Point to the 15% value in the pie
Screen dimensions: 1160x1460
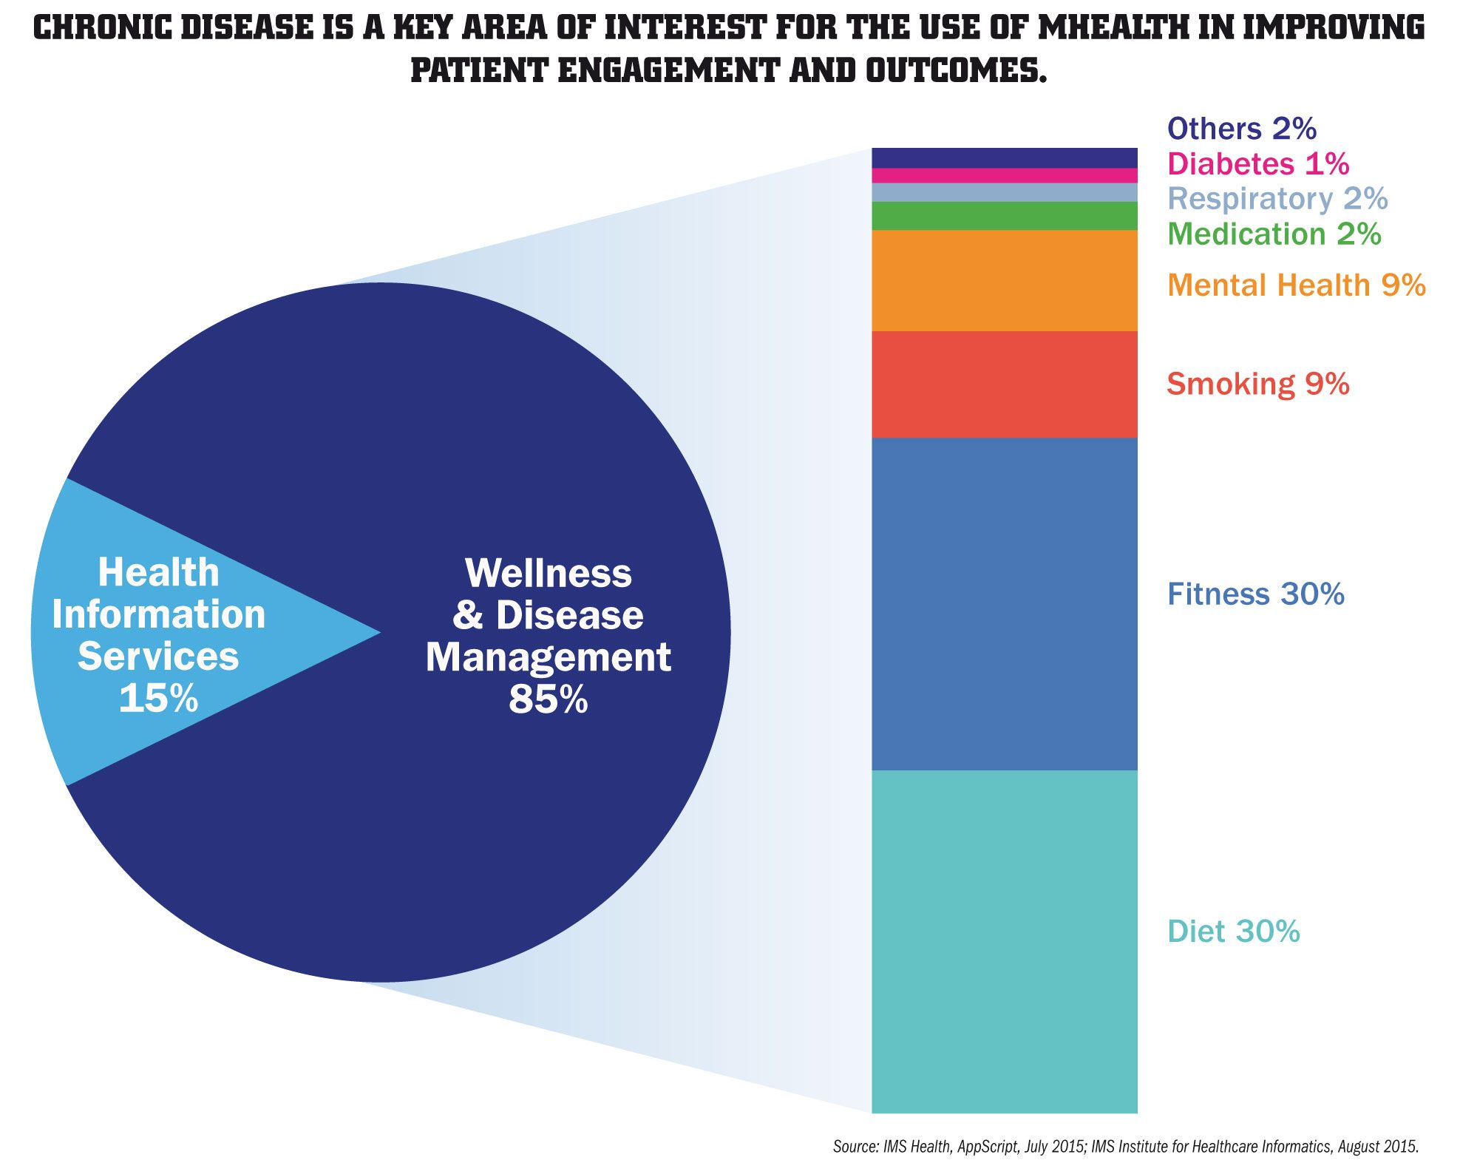(158, 698)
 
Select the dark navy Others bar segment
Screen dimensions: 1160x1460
(1004, 157)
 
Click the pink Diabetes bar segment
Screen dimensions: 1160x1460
(1004, 175)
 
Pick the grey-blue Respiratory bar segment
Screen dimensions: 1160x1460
(1004, 192)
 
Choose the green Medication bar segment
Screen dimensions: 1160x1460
(1004, 216)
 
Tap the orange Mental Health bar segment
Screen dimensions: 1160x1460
(1004, 280)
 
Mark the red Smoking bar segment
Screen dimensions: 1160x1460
(1004, 384)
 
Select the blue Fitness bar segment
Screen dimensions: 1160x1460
(1004, 603)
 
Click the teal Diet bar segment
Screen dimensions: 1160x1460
(1004, 941)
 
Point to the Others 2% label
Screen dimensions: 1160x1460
(1241, 129)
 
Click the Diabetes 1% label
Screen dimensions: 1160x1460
(1257, 163)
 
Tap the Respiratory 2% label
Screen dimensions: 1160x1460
(1277, 198)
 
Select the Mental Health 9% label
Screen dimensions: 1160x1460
(1296, 285)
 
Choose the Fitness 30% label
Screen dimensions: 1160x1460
(1255, 594)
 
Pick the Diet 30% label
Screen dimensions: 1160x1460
(1233, 932)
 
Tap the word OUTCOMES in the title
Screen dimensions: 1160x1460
(956, 70)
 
